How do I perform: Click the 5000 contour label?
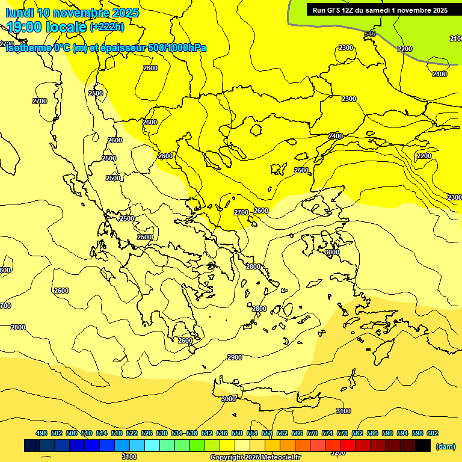(x=332, y=252)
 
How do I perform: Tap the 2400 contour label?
(x=335, y=137)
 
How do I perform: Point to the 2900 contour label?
(x=235, y=357)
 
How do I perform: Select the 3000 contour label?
(x=229, y=399)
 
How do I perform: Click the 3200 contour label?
(x=338, y=452)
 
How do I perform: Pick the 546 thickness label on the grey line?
(x=370, y=34)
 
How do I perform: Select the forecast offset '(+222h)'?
(x=107, y=26)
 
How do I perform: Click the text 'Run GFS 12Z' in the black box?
(x=335, y=10)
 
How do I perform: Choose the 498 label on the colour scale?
(x=42, y=433)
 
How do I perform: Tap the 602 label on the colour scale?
(x=433, y=433)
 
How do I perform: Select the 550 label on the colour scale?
(x=237, y=433)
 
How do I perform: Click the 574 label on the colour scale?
(x=327, y=433)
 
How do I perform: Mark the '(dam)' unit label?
(x=445, y=446)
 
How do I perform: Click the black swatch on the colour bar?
(x=423, y=446)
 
